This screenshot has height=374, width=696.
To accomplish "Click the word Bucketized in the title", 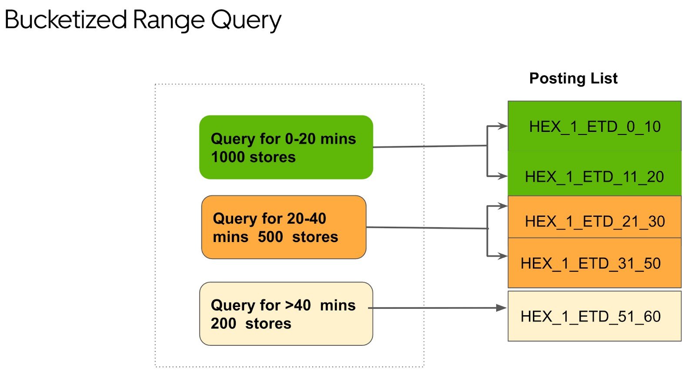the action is (66, 20).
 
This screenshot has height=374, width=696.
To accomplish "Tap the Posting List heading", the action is (573, 78).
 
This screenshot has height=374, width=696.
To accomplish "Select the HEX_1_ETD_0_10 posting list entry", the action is (594, 126).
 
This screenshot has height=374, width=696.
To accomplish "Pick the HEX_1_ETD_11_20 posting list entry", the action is (594, 173).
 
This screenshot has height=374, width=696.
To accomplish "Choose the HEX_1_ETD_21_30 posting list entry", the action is (594, 217).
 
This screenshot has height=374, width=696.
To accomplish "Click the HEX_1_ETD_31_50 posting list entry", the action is (594, 263).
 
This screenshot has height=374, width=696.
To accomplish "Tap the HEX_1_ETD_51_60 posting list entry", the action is (594, 316).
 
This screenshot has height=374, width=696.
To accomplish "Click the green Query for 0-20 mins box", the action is (286, 147).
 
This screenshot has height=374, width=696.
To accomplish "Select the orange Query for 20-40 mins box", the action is (284, 227).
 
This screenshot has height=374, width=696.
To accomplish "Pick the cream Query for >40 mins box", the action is (286, 313).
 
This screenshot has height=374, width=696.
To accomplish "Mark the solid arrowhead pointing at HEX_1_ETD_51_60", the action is (502, 308).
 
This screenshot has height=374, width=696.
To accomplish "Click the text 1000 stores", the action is (253, 157).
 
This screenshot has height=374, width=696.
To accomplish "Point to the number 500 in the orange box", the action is (270, 237).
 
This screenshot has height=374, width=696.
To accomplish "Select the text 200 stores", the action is (251, 323).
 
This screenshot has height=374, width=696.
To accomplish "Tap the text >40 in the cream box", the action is (298, 305).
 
